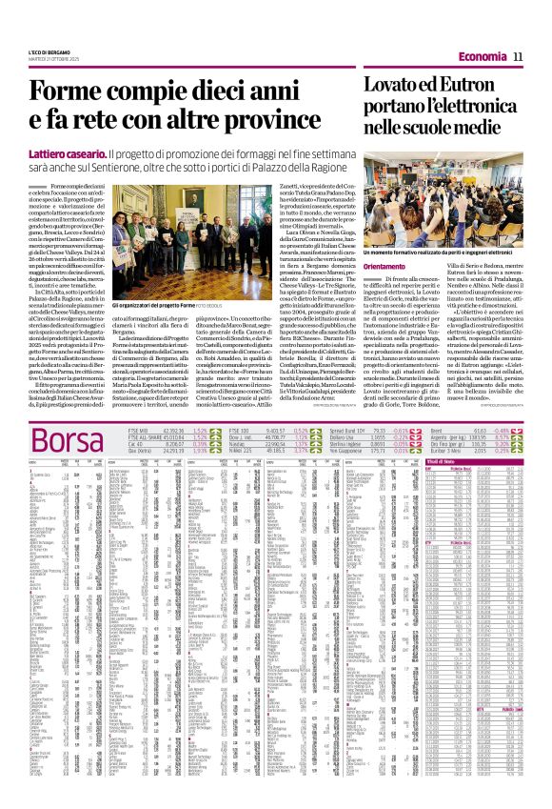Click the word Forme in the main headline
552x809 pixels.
(71, 92)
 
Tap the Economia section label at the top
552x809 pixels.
(481, 58)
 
